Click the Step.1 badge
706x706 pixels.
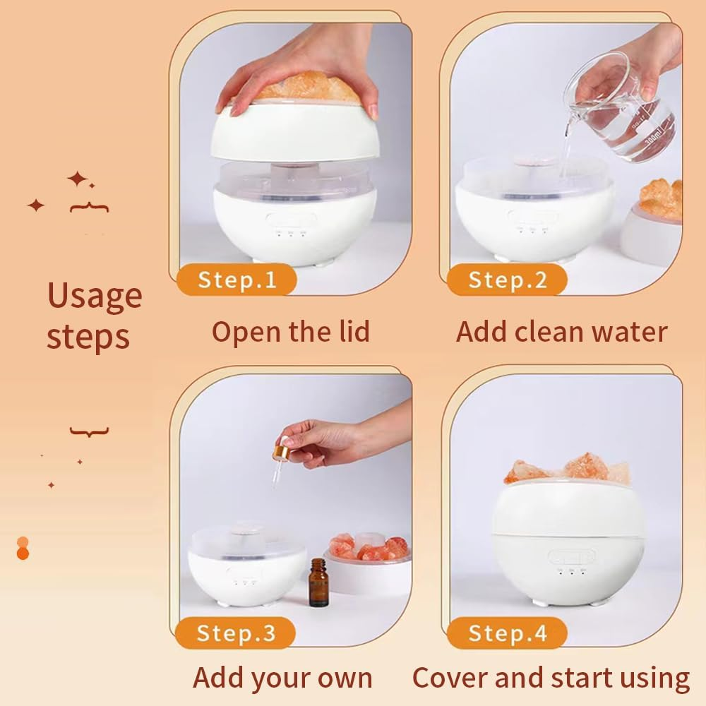point(237,280)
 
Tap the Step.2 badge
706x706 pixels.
point(507,280)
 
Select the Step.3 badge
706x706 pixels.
point(237,633)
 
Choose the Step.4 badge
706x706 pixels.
point(507,633)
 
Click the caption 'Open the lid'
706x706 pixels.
point(290,331)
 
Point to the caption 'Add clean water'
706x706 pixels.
point(561,331)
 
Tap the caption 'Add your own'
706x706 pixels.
point(282,678)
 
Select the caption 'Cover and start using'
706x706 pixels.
point(551,678)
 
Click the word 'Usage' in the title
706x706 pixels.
point(94,295)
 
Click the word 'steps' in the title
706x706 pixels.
point(88,337)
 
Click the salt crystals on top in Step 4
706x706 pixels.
point(568,468)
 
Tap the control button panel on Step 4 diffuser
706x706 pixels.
point(562,557)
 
